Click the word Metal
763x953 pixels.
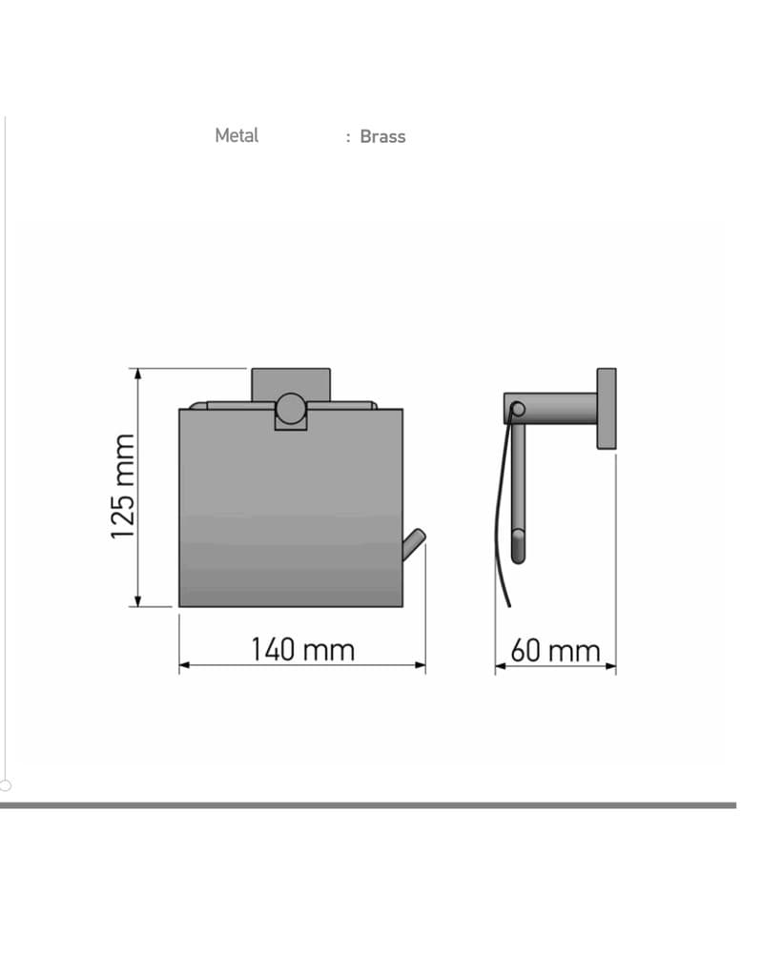(x=237, y=135)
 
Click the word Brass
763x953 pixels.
(x=382, y=136)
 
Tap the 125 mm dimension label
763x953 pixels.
(x=122, y=486)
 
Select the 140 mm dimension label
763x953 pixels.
(x=302, y=650)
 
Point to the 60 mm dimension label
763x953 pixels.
(x=555, y=651)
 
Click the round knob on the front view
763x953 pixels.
(x=290, y=408)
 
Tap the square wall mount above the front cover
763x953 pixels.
(x=291, y=385)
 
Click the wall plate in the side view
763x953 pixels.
(x=606, y=409)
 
